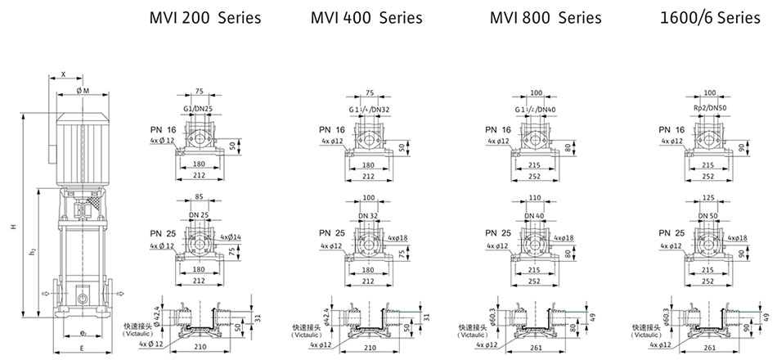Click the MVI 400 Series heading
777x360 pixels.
[366, 18]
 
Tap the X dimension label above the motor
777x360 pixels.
[63, 74]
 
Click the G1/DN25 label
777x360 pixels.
[199, 108]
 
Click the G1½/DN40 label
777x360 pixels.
[535, 108]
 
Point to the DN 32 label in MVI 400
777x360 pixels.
[369, 216]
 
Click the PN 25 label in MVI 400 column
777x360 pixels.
[330, 233]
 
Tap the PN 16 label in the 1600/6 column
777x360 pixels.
[671, 129]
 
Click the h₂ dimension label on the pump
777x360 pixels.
[31, 250]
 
